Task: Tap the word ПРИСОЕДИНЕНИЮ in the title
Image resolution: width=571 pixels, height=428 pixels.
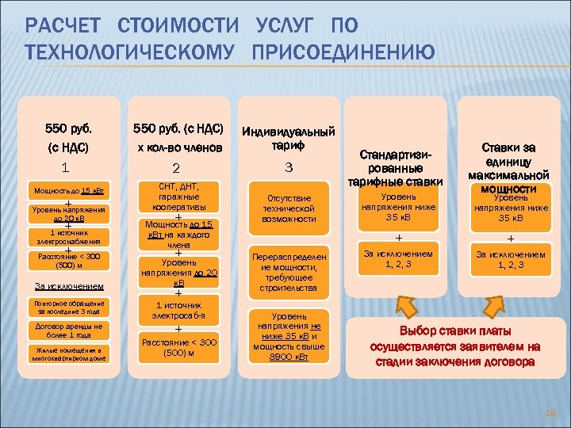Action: pos(343,53)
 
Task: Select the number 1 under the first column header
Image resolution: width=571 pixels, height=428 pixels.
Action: pos(65,167)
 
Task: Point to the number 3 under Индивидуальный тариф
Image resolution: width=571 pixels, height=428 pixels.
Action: pos(289,168)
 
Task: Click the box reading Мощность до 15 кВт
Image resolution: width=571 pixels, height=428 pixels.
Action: pos(69,191)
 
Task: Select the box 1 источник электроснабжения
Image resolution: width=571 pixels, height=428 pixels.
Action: pos(69,237)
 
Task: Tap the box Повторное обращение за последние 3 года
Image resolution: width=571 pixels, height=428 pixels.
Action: pos(69,308)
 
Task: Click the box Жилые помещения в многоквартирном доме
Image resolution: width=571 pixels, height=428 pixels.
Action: pos(69,353)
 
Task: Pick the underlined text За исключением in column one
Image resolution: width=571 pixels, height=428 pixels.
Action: pos(68,285)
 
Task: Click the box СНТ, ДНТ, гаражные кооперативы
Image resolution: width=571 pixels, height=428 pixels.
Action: pos(178,196)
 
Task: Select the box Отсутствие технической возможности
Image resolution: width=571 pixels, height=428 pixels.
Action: pos(289,208)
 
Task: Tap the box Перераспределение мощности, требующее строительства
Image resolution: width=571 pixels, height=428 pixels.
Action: pos(289,273)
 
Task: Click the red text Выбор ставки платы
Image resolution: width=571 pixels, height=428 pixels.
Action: pos(455,331)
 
